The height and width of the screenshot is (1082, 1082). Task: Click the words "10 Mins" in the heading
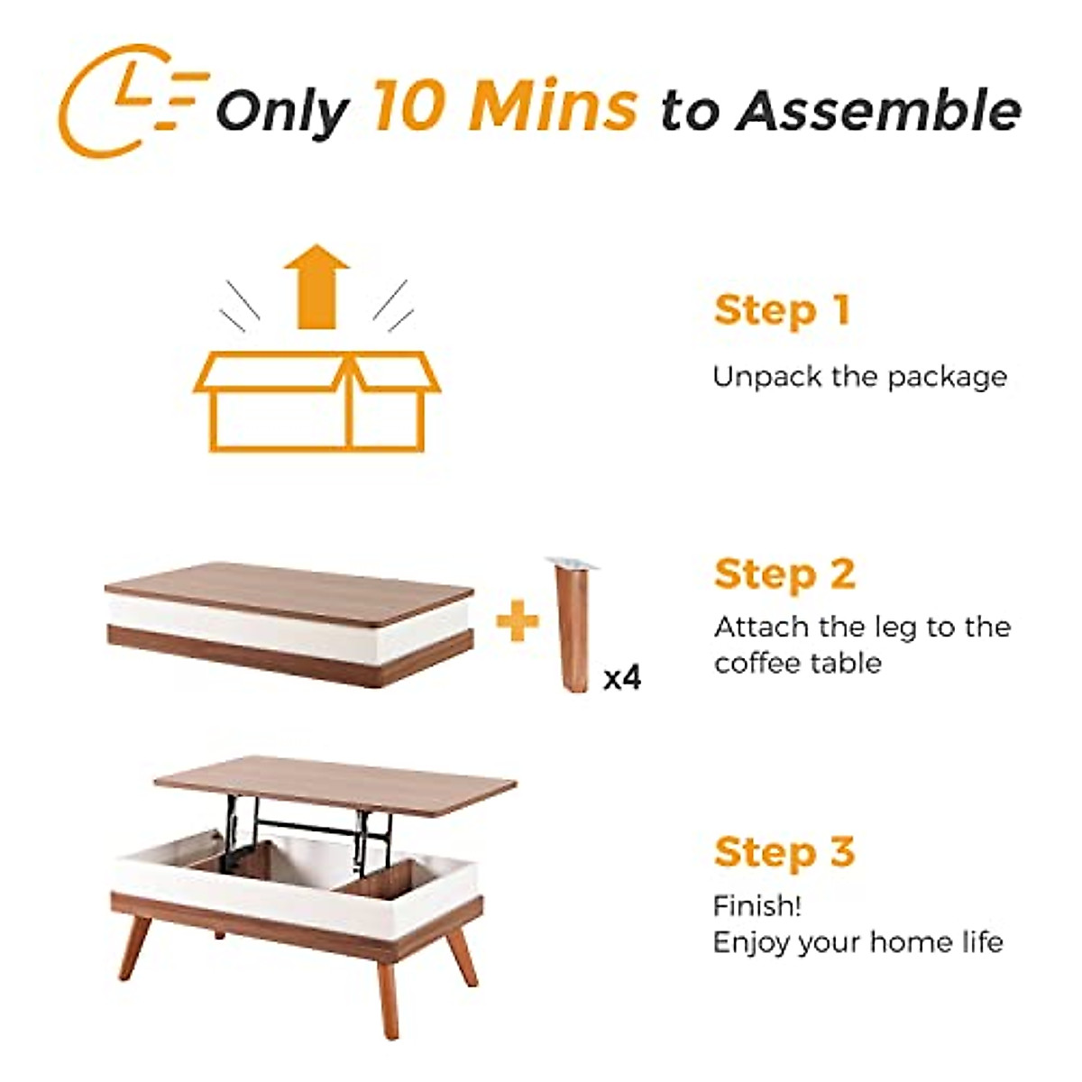506,106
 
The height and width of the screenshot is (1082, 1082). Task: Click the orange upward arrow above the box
316,286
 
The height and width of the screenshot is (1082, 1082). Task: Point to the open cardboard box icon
316,401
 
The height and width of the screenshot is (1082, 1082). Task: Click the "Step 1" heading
782,310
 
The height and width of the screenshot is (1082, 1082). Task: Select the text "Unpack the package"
859,376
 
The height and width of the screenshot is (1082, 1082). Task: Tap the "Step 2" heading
784,574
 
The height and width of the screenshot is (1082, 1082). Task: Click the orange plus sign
518,622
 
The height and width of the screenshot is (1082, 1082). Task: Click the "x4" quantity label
622,678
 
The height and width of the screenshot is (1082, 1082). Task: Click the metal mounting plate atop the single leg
572,564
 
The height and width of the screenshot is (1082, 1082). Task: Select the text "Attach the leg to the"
862,627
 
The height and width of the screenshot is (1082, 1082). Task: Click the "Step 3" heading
784,852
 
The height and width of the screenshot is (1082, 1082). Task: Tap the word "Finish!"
756,905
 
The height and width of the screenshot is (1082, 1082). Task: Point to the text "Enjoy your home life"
857,943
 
